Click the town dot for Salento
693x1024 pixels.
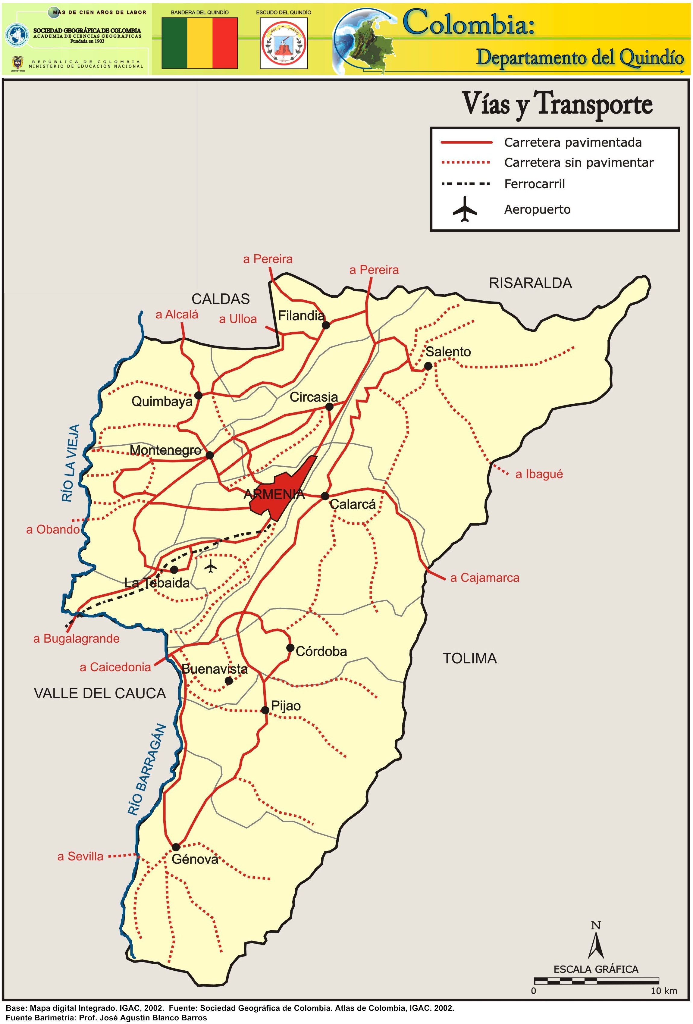[x=428, y=366]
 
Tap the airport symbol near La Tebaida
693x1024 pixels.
[x=211, y=566]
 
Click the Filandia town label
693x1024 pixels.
[x=301, y=315]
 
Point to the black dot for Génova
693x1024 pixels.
[x=176, y=847]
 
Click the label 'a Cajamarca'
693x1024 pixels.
[x=484, y=578]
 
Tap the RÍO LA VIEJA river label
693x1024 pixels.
[x=71, y=463]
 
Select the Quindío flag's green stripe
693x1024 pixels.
[x=174, y=43]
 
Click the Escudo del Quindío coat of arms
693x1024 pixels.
[x=284, y=43]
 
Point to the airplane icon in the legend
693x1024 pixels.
[x=465, y=209]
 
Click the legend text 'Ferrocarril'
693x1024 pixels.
[x=535, y=184]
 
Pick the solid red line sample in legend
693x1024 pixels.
[x=466, y=142]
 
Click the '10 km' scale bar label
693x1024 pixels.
[x=663, y=991]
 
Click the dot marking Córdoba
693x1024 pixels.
[x=290, y=647]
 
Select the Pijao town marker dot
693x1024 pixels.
[x=265, y=710]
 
